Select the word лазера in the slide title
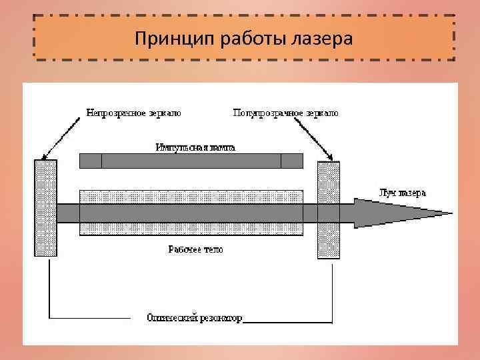coord(322,38)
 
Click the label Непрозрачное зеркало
coord(133,113)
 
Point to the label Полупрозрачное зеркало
coord(285,113)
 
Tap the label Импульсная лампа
coord(195,147)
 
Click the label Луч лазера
coord(401,193)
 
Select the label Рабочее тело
coord(195,249)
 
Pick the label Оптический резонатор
coord(195,318)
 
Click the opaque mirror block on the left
coord(45,207)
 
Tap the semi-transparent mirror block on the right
coord(329,209)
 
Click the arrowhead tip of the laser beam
coord(447,213)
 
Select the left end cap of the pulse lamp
coord(91,161)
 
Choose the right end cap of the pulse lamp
coord(291,161)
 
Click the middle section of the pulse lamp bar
coord(191,161)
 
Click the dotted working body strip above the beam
coord(191,197)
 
